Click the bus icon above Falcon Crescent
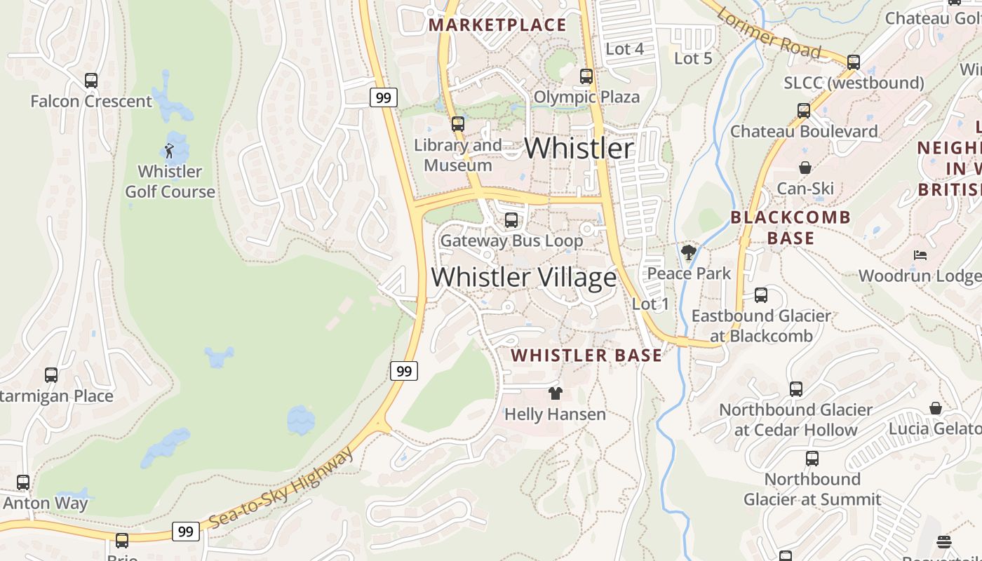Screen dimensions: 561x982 [91, 81]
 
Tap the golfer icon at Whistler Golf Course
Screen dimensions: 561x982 [169, 150]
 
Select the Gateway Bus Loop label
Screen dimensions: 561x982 [511, 241]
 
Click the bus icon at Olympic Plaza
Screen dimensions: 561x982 [586, 76]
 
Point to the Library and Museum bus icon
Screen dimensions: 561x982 [458, 124]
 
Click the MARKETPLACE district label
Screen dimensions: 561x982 [497, 25]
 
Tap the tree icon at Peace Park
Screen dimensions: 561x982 [689, 252]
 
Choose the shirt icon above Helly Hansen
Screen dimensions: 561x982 [556, 393]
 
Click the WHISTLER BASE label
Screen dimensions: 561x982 [586, 356]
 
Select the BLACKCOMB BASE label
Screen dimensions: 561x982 [791, 228]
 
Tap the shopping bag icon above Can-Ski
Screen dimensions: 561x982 [805, 168]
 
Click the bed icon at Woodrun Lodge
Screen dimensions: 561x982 [920, 255]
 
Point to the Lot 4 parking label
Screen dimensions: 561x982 [624, 49]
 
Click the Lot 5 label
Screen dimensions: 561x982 [693, 59]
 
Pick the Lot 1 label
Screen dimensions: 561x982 [650, 304]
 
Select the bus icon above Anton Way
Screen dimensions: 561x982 [23, 482]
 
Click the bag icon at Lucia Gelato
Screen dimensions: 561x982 [936, 408]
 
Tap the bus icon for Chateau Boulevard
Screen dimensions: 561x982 [804, 111]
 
